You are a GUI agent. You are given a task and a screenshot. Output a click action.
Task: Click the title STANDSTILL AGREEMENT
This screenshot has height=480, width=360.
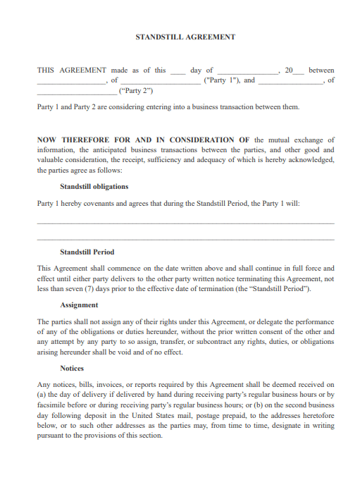point(185,37)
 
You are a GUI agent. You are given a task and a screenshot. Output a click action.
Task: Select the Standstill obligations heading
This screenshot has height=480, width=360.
point(94,187)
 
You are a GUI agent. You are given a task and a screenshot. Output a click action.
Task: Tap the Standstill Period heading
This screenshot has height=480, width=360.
point(87,252)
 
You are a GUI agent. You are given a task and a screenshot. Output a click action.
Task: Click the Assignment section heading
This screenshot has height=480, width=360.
point(79,305)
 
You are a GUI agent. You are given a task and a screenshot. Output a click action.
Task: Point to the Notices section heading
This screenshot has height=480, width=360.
point(72,368)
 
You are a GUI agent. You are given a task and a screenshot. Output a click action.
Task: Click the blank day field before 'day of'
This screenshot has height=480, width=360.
point(178,71)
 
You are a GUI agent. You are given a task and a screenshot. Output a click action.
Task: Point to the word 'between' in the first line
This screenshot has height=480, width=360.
point(321,70)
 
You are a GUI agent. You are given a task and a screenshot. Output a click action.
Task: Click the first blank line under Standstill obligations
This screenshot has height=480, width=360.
point(185,223)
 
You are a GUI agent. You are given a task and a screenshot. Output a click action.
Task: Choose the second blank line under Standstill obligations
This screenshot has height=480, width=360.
point(185,238)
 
